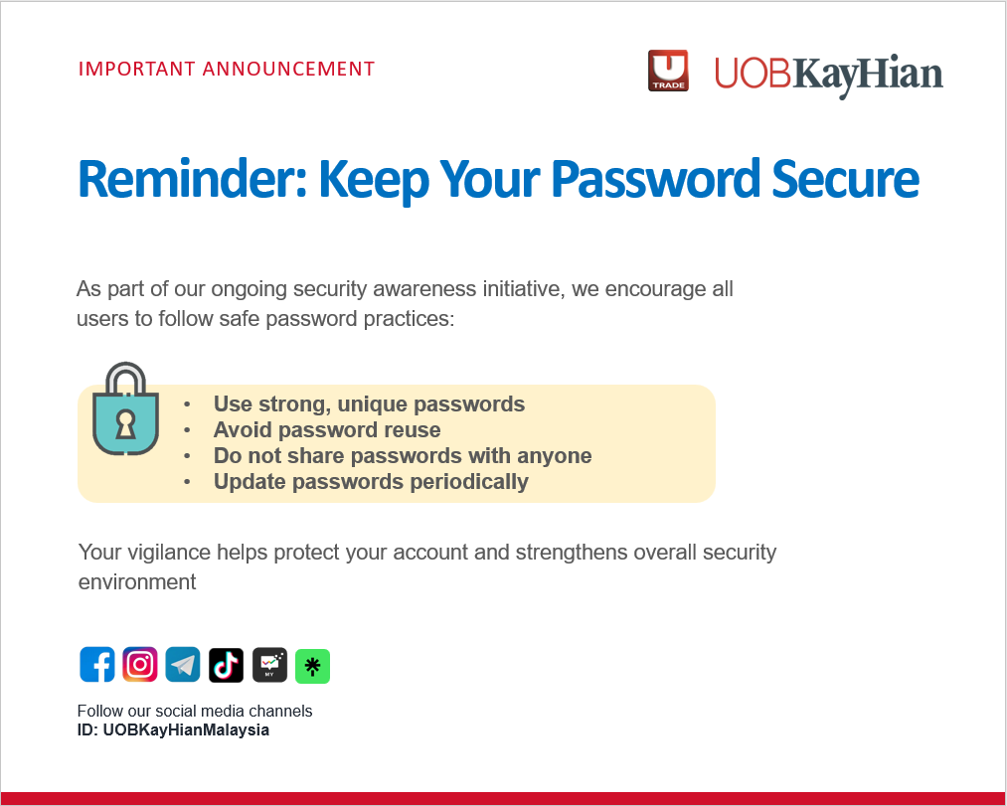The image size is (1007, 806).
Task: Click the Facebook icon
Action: (97, 665)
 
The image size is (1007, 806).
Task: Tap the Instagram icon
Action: (140, 665)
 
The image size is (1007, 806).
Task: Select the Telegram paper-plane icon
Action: (183, 665)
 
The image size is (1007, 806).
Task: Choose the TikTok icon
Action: (226, 665)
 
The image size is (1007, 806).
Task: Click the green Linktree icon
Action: (312, 666)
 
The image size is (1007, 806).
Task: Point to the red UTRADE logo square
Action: (668, 71)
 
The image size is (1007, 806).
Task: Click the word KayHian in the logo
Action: (868, 75)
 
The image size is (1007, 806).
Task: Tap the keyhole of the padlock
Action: (125, 423)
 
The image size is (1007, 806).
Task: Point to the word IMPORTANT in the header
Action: (137, 70)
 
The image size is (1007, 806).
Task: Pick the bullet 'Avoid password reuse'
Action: (327, 430)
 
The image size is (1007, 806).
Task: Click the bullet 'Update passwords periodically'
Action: (371, 482)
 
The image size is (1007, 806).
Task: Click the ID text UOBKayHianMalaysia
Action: (186, 730)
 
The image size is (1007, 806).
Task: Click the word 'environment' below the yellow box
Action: (137, 582)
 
